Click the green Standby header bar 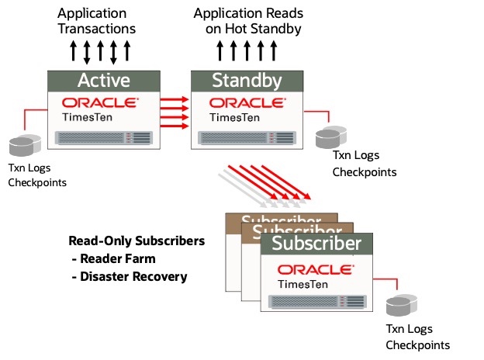[x=246, y=80]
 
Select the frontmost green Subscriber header [x=316, y=244]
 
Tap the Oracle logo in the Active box [x=100, y=102]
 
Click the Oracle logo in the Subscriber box [x=316, y=268]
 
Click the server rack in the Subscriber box [x=316, y=303]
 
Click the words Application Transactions [x=96, y=21]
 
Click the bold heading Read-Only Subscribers [x=136, y=241]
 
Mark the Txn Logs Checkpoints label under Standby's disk [x=365, y=164]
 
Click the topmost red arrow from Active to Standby [x=176, y=99]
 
